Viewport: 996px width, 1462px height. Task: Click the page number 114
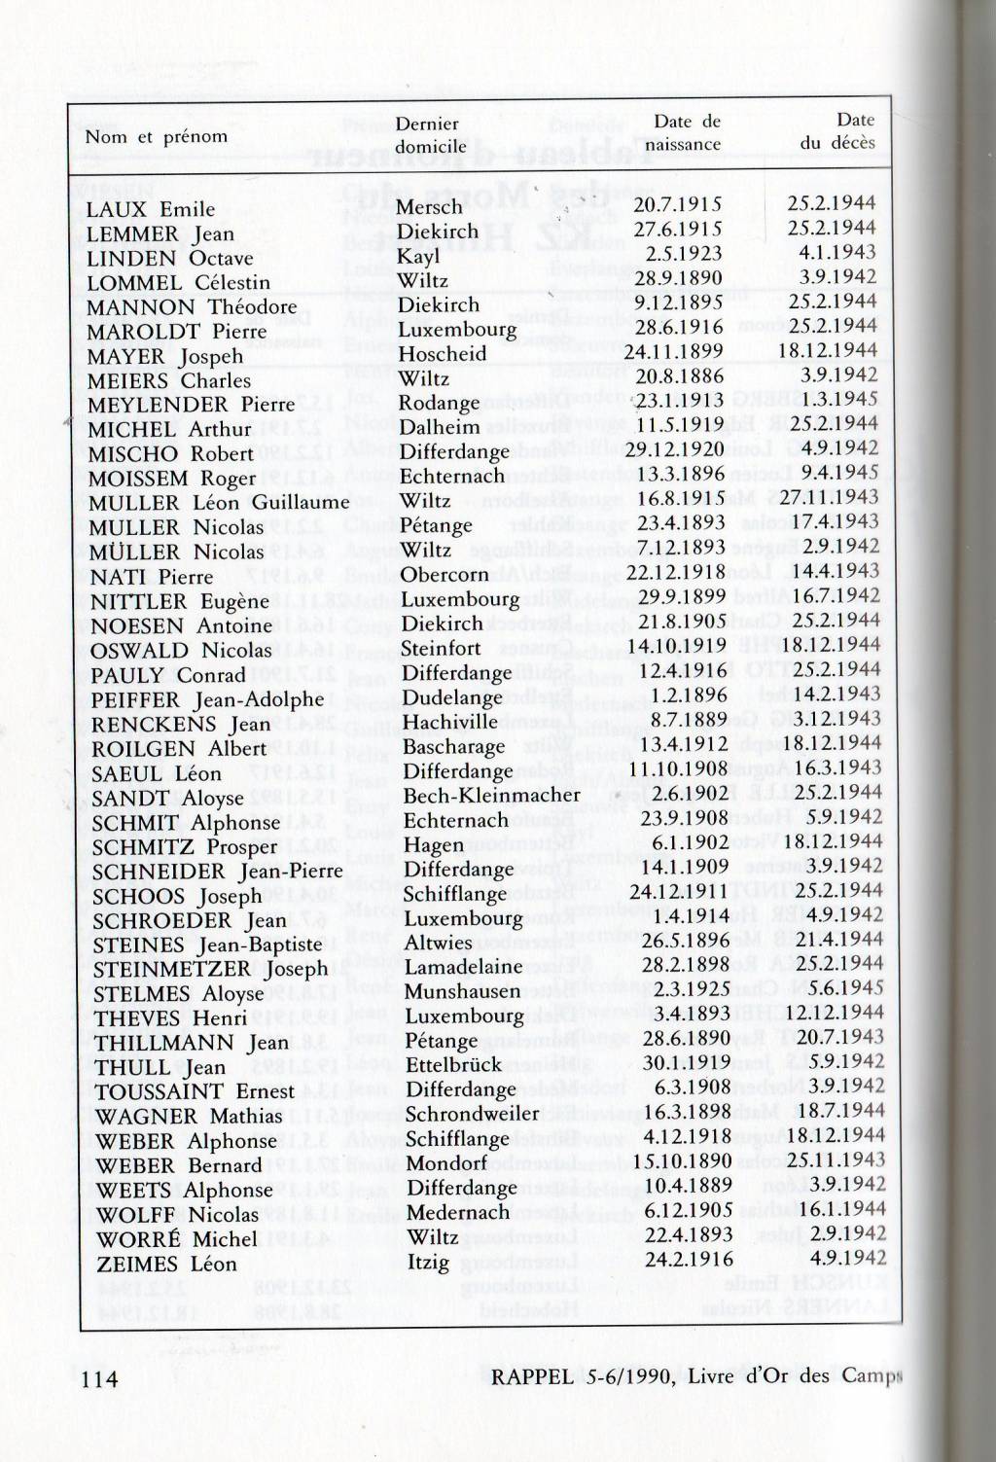[x=100, y=1378]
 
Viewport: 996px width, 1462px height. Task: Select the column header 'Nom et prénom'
[x=156, y=136]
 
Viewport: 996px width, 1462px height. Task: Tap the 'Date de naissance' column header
[x=687, y=133]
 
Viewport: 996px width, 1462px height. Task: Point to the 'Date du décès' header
[x=837, y=131]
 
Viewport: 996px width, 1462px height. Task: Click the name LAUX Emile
[x=150, y=209]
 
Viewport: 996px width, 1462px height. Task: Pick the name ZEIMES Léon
[x=166, y=1264]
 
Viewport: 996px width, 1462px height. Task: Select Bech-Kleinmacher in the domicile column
[x=491, y=795]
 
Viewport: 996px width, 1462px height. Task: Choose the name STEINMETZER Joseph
[x=210, y=969]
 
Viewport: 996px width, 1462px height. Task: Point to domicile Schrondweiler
[x=472, y=1114]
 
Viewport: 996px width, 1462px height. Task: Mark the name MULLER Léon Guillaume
[x=219, y=503]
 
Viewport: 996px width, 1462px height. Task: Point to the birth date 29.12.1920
[x=674, y=449]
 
